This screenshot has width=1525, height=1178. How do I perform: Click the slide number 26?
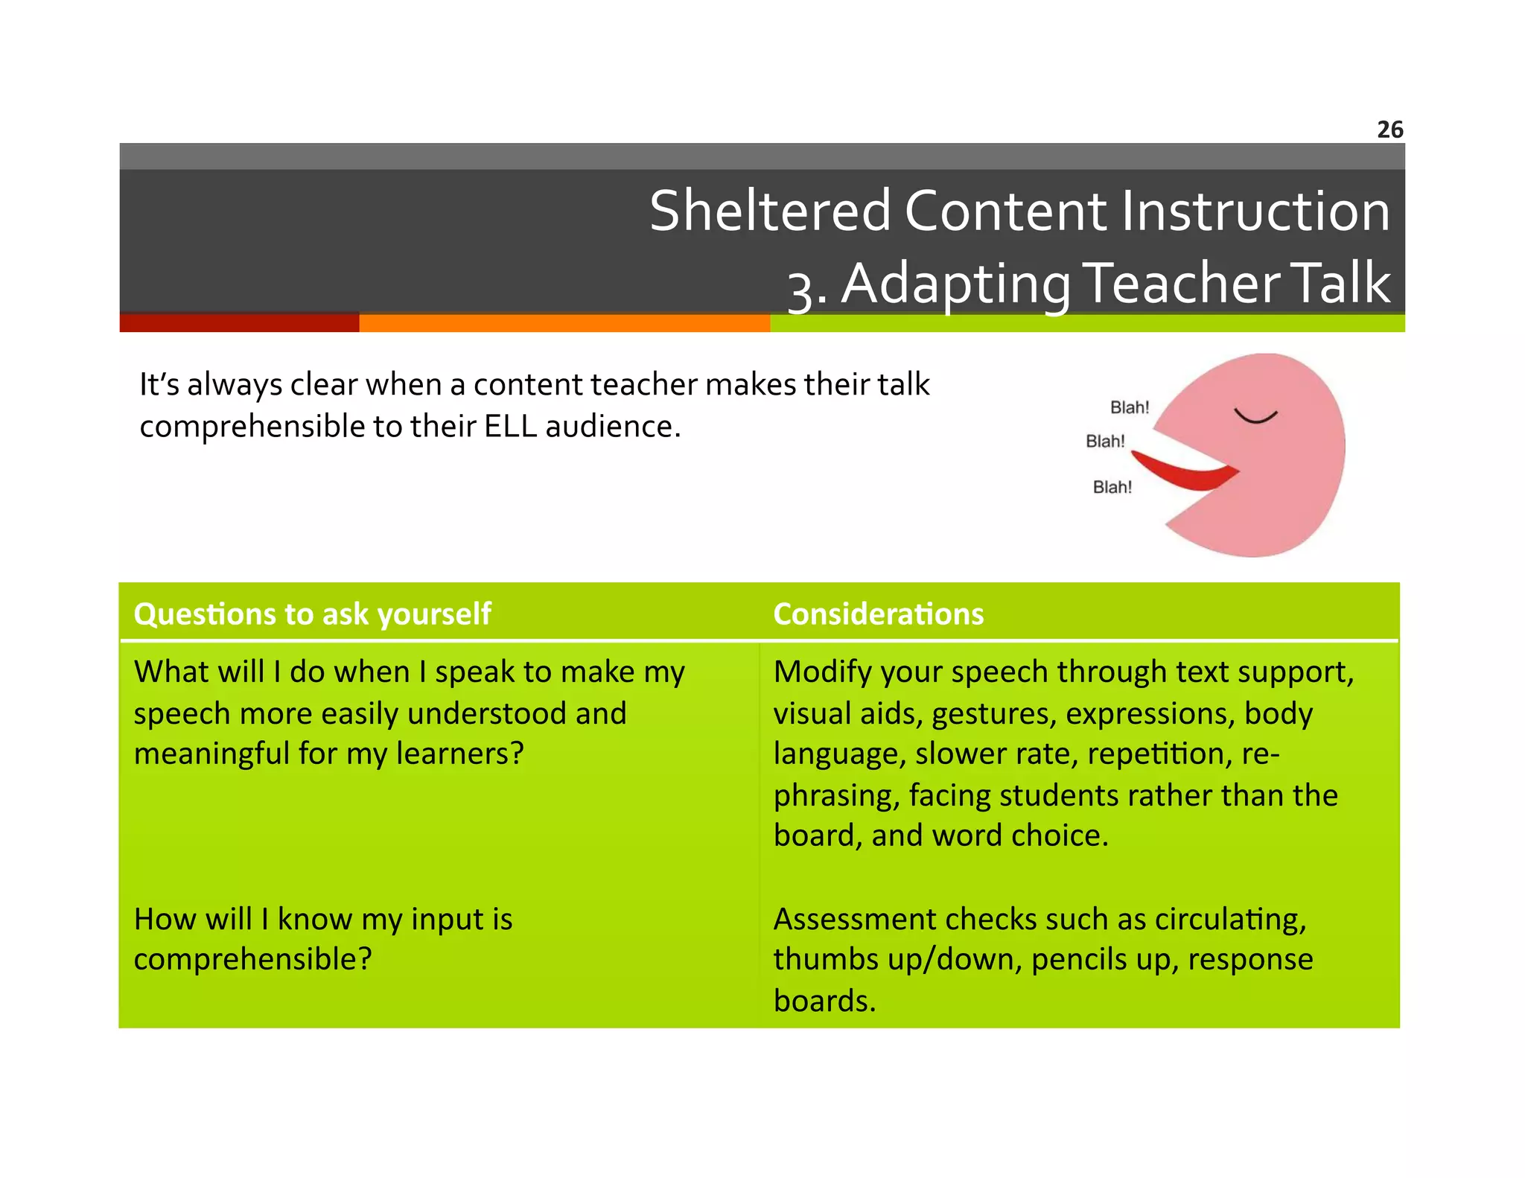pos(1389,130)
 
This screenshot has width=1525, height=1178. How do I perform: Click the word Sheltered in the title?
pos(770,211)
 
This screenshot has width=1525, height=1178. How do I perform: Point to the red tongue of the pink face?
pos(1185,473)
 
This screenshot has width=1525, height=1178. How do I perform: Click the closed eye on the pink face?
pos(1255,416)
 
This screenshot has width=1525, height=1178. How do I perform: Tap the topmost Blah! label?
pos(1129,407)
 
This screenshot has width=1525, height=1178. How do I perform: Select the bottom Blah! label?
pos(1112,487)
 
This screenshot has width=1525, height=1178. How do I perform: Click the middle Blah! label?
pos(1105,442)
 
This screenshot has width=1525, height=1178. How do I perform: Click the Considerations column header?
pos(878,614)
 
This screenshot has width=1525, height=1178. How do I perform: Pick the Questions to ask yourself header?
pos(312,614)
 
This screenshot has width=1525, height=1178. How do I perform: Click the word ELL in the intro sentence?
pos(510,427)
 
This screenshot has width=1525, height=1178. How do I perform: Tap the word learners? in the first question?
pos(459,754)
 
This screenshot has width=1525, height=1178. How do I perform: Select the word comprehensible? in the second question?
pos(252,959)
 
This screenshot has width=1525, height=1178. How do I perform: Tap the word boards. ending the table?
pos(824,1001)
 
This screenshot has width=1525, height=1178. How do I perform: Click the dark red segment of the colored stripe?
pos(239,323)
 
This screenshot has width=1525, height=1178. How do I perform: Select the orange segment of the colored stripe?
pos(564,323)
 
